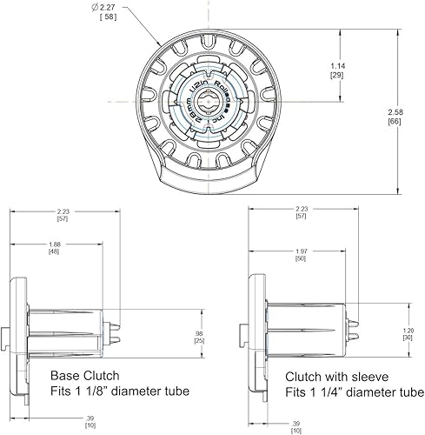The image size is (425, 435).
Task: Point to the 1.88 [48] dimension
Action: click(x=55, y=248)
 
